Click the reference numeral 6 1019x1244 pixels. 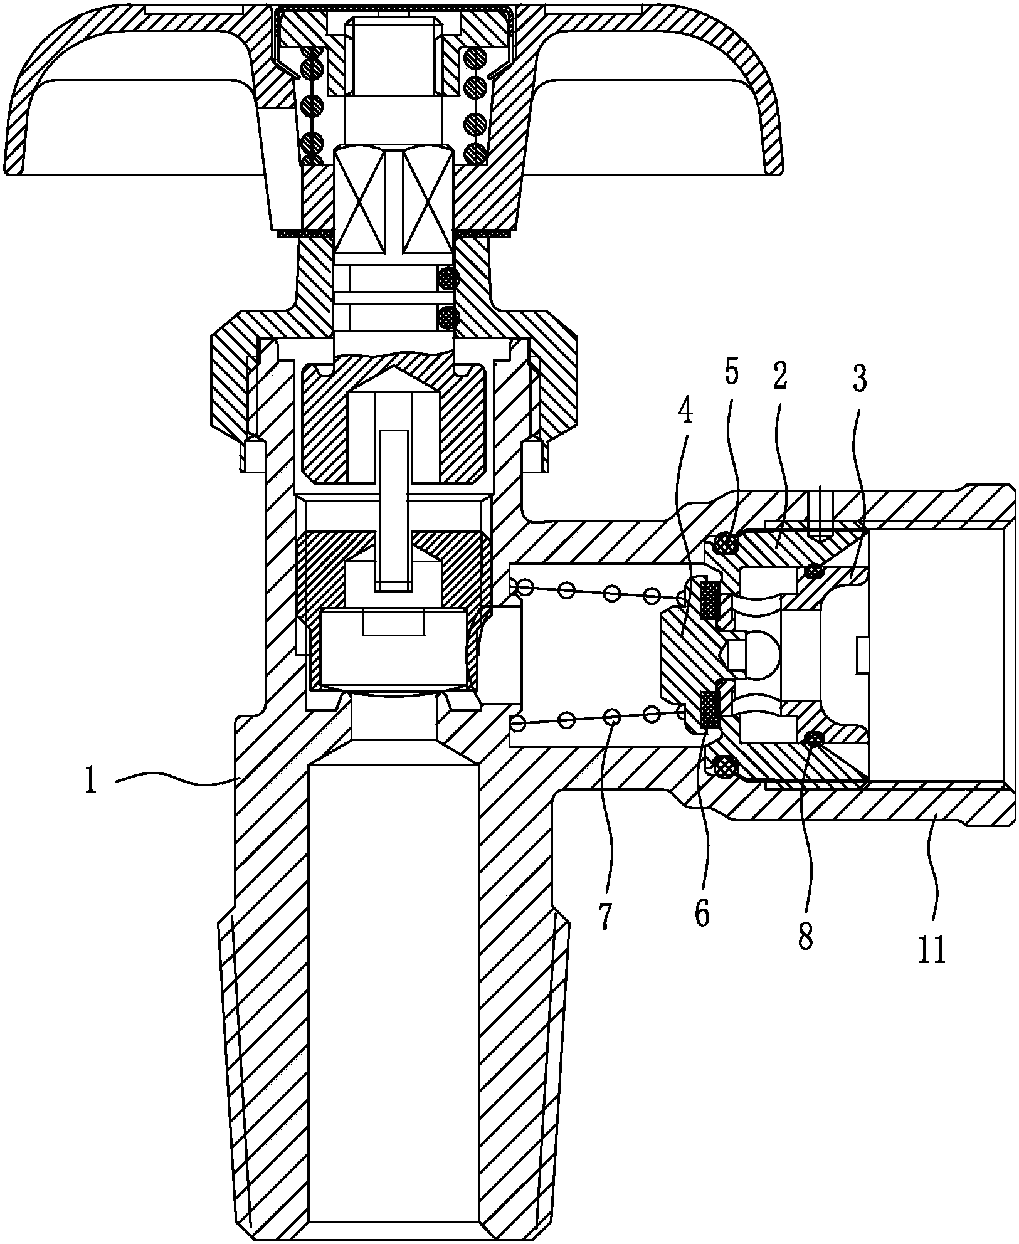702,914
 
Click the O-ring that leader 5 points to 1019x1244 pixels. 725,543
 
